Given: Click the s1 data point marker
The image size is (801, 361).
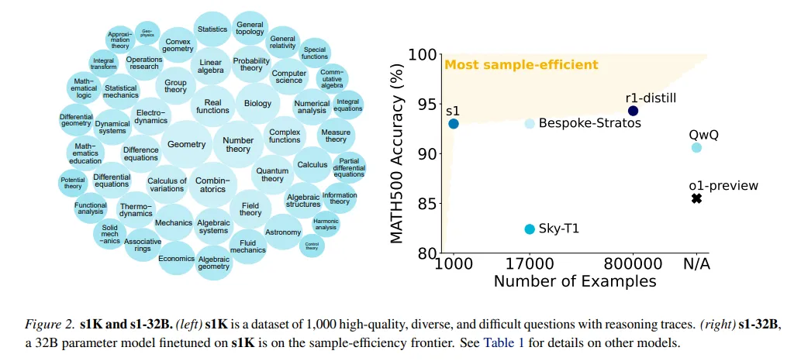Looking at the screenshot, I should coord(454,123).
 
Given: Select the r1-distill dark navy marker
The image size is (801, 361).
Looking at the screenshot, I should coord(633,111).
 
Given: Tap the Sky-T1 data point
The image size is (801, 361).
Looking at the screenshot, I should coord(530,229).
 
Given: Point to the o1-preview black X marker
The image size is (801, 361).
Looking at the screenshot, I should coord(696,199).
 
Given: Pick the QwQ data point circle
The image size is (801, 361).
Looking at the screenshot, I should coord(696,147).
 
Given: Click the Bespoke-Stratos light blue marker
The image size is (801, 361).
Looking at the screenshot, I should coord(530,123).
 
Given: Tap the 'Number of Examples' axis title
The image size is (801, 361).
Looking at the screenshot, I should coord(575,281).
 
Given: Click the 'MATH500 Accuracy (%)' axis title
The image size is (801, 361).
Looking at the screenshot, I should coord(398,156).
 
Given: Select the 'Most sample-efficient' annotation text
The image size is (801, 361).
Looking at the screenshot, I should coord(520,64).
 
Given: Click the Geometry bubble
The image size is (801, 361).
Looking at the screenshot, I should coord(187,144).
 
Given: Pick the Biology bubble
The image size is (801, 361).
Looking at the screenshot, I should coord(258,103).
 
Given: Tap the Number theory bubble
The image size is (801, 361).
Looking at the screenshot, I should coord(238,145).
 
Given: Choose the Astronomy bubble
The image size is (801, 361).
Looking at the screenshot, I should coord(283,232).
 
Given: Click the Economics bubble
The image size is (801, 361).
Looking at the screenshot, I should coord(176,259).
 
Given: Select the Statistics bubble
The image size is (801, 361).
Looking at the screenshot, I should coord(212,29).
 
